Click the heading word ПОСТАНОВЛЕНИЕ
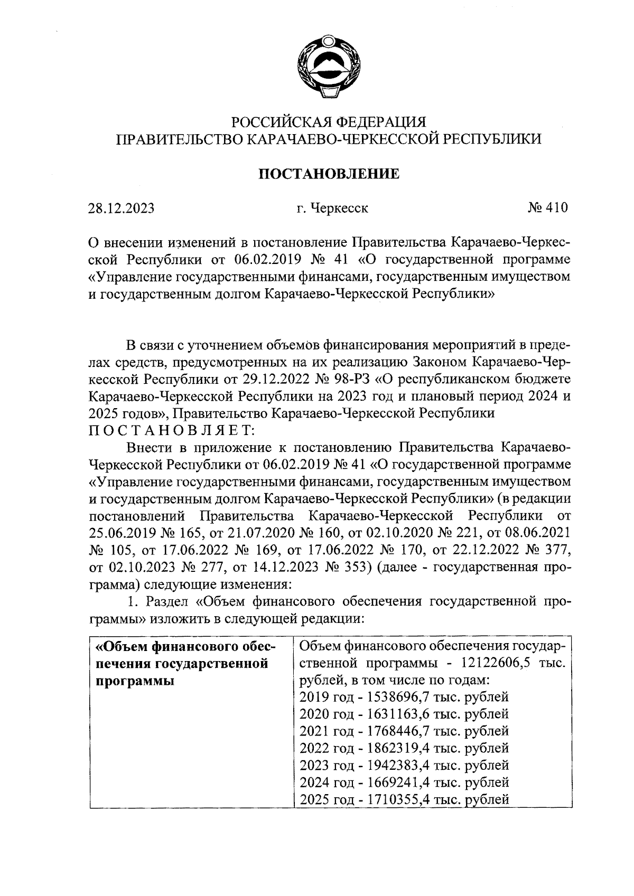click(x=328, y=174)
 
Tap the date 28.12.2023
click(x=121, y=208)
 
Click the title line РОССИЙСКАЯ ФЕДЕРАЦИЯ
click(x=329, y=122)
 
